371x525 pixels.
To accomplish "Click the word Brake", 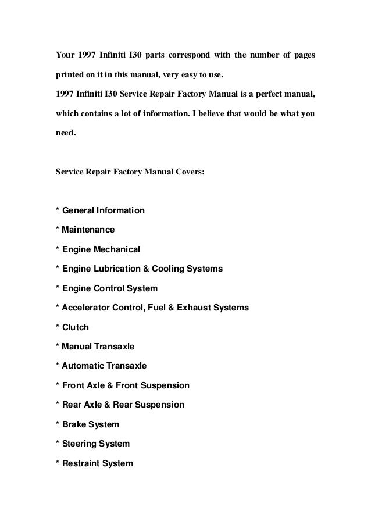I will (74, 424).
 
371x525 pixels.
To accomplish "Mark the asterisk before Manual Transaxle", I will (57, 347).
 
